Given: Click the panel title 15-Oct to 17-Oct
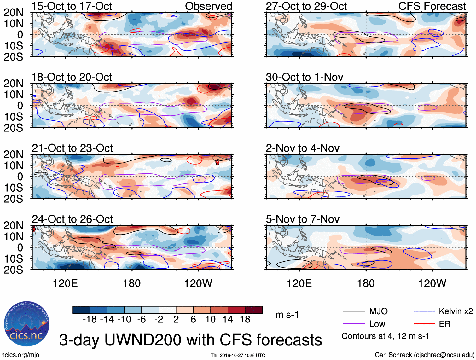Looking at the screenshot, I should point(72,6).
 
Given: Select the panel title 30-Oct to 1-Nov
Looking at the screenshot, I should point(305,77).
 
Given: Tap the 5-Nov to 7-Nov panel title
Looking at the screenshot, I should point(303,219).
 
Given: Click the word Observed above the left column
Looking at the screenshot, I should point(208,6).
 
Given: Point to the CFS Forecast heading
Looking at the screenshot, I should point(432,6).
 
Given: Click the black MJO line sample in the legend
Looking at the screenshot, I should point(354,311).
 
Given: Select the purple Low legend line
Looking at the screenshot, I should point(354,324).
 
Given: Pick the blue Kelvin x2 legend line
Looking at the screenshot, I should point(425,311).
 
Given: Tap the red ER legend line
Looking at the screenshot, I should point(425,324).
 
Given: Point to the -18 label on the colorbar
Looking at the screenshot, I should point(90,320).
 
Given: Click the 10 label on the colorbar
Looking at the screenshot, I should point(210,320).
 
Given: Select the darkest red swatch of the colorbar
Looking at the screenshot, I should point(254,310).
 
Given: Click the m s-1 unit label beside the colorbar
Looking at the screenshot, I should point(287,315).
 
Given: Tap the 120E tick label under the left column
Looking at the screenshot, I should point(65,283).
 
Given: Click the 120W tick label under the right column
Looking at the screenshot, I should point(432,283).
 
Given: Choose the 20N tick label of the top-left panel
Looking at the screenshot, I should point(14,13).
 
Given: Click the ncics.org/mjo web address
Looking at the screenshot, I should point(20,355).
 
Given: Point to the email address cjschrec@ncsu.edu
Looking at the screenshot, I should point(444,355).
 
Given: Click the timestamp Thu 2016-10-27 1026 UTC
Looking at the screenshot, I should point(238,355).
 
